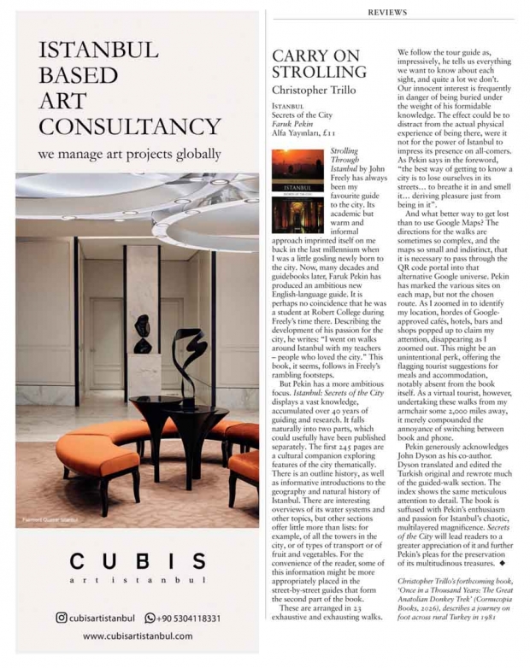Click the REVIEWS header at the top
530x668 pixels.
[x=387, y=12]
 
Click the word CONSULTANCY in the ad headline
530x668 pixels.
[x=130, y=127]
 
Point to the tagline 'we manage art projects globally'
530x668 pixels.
[x=130, y=155]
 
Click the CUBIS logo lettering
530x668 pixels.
[x=137, y=561]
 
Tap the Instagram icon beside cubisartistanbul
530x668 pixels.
[x=62, y=618]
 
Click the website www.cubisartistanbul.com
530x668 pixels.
[x=137, y=636]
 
